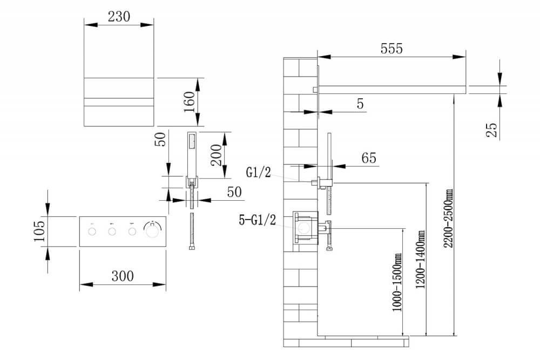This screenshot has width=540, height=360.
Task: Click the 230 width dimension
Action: (x=119, y=17)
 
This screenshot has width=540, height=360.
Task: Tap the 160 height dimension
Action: (x=190, y=102)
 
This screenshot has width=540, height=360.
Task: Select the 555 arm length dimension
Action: (x=391, y=49)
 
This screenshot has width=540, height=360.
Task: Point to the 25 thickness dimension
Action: (x=492, y=130)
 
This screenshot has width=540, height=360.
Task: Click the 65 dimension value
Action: (x=369, y=158)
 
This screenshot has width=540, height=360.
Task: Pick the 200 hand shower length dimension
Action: (x=217, y=155)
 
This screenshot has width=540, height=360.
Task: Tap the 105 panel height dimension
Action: (x=39, y=231)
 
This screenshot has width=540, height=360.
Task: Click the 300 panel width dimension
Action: (x=123, y=276)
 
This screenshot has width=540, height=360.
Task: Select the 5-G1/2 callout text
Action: (x=257, y=220)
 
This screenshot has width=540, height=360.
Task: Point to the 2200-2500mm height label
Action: (x=448, y=218)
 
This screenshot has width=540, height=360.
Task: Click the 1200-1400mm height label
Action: (x=420, y=259)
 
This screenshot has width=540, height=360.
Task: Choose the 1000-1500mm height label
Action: (x=397, y=282)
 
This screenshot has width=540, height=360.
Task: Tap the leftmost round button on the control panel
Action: (x=92, y=232)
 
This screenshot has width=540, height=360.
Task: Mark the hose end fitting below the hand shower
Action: (x=192, y=247)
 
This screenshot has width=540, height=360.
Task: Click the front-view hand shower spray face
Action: (x=192, y=141)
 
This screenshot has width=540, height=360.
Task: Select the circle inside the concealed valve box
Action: (x=304, y=228)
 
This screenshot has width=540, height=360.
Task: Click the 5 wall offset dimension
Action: (x=360, y=104)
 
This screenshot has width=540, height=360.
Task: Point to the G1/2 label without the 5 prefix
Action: (x=258, y=172)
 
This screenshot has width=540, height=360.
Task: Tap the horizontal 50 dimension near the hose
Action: (x=234, y=192)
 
